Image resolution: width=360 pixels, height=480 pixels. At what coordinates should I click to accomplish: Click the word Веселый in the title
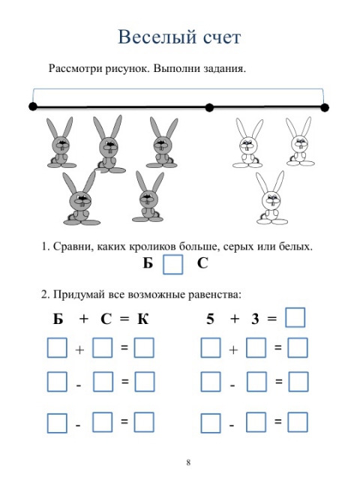(x=157, y=37)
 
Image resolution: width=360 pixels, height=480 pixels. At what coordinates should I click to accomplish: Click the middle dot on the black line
(x=209, y=108)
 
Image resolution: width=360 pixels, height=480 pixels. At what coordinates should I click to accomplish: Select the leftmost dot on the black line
(x=33, y=106)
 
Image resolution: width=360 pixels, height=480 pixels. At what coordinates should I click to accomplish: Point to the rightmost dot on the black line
(x=325, y=108)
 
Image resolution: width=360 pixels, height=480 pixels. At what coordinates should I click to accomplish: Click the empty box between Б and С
(x=173, y=264)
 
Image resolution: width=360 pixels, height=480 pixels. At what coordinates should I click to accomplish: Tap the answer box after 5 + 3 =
(x=295, y=318)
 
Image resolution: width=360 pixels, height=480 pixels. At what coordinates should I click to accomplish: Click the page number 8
(x=188, y=462)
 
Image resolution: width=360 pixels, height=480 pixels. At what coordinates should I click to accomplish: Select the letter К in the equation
(x=143, y=319)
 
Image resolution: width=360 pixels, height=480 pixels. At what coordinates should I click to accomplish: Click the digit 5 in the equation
(x=210, y=319)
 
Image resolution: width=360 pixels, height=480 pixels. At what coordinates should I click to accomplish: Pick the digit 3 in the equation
(x=255, y=319)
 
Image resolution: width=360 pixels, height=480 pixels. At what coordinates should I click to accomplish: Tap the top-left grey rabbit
(x=59, y=142)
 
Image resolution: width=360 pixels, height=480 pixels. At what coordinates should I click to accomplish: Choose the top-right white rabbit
(x=300, y=142)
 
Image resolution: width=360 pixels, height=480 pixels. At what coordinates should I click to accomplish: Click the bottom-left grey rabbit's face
(x=81, y=199)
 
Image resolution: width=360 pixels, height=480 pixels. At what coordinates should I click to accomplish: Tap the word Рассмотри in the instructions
(x=75, y=68)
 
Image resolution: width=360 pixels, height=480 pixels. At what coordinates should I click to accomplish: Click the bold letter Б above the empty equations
(x=58, y=319)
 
